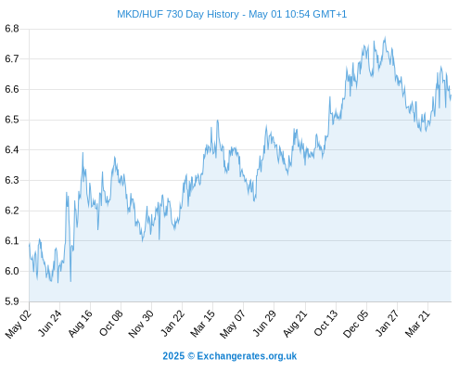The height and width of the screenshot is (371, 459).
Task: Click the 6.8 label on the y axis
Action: click(x=12, y=29)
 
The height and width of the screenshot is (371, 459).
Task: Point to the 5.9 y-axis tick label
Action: click(x=12, y=301)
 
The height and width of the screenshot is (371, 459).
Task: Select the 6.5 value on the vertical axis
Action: click(x=12, y=120)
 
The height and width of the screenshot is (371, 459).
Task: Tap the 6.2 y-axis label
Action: click(x=12, y=211)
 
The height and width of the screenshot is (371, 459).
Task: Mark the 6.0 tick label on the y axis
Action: click(x=12, y=271)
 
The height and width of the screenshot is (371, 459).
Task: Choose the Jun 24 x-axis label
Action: click(x=50, y=323)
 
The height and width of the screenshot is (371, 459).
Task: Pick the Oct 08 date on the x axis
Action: click(x=110, y=323)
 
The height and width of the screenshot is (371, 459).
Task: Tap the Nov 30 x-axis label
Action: click(x=141, y=324)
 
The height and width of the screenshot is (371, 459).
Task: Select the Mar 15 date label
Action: click(x=202, y=323)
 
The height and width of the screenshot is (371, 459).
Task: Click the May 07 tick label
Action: click(x=233, y=324)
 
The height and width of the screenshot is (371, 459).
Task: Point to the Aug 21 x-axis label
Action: click(x=295, y=323)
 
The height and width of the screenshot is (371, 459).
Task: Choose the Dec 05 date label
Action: click(x=356, y=324)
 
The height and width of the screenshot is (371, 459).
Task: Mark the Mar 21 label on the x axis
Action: click(x=417, y=323)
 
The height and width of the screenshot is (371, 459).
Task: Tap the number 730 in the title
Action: click(x=174, y=14)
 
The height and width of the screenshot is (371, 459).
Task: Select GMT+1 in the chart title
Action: click(x=329, y=14)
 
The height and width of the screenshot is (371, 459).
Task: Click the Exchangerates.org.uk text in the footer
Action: click(x=247, y=356)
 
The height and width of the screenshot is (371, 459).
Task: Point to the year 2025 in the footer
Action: click(x=173, y=356)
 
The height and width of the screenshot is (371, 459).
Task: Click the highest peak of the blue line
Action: click(x=385, y=38)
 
